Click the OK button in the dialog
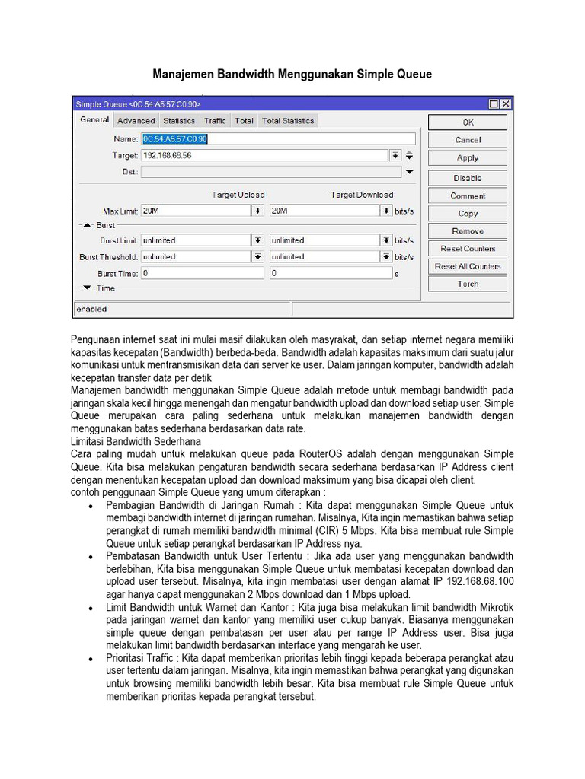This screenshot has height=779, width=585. point(467,122)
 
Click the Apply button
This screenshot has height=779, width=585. point(467,158)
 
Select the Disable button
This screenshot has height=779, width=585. point(467,178)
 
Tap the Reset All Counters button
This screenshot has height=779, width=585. point(467,266)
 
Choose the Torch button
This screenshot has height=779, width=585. point(467,284)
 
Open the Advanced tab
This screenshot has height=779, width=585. point(136,121)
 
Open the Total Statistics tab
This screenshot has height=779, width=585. point(287,121)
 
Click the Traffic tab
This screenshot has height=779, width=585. point(215,121)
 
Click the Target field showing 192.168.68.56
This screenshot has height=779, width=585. point(264,155)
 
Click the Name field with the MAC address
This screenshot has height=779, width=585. point(277,139)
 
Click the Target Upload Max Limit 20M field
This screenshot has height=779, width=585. point(196,211)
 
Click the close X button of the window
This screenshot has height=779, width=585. point(506,103)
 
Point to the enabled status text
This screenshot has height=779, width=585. point(91,309)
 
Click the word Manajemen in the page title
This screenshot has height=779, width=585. point(184,75)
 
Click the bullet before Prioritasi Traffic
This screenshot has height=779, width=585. point(91,658)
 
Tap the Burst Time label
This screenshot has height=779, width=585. point(117,273)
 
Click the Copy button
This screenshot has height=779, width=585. point(467,214)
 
